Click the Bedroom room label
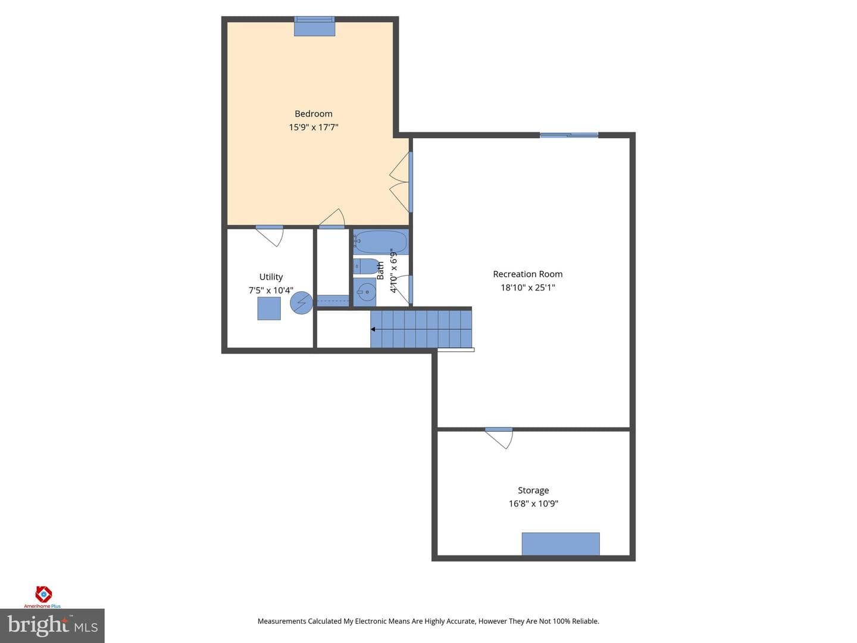(x=313, y=114)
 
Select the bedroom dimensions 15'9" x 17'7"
(x=313, y=127)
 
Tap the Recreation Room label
(x=527, y=274)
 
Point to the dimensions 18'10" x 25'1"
(x=527, y=288)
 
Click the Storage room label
(x=533, y=490)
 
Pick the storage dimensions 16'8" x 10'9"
(x=533, y=503)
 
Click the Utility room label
(x=271, y=277)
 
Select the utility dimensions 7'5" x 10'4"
(x=271, y=290)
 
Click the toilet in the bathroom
(x=366, y=266)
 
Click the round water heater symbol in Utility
(x=301, y=303)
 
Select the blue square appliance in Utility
(x=268, y=308)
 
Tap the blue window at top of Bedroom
(x=314, y=26)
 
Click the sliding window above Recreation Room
(x=569, y=135)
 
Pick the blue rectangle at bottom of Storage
(x=561, y=544)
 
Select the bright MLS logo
(x=52, y=626)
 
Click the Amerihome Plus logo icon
(x=43, y=595)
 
